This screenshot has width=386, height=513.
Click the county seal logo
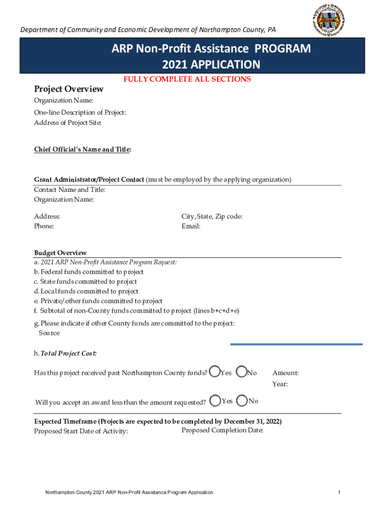click(328, 20)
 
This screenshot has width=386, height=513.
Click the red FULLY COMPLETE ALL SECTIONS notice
click(187, 79)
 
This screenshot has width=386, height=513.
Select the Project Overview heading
click(69, 89)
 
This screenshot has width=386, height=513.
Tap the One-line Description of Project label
click(80, 113)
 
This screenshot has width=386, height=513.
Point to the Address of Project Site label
click(68, 123)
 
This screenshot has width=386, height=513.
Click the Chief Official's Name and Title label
click(83, 149)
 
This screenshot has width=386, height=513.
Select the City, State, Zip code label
click(212, 216)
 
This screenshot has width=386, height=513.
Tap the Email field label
click(191, 226)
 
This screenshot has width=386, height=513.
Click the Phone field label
click(44, 226)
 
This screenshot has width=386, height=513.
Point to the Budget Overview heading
click(60, 253)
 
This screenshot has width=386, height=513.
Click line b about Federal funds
click(89, 272)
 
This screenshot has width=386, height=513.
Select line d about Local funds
click(86, 291)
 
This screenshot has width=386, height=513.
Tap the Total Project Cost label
click(65, 354)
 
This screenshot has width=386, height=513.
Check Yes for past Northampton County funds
click(215, 372)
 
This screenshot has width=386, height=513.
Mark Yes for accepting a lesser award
click(216, 401)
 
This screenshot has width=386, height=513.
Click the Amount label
click(285, 373)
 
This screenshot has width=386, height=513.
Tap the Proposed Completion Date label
click(223, 430)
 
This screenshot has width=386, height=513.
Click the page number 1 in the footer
click(339, 492)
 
